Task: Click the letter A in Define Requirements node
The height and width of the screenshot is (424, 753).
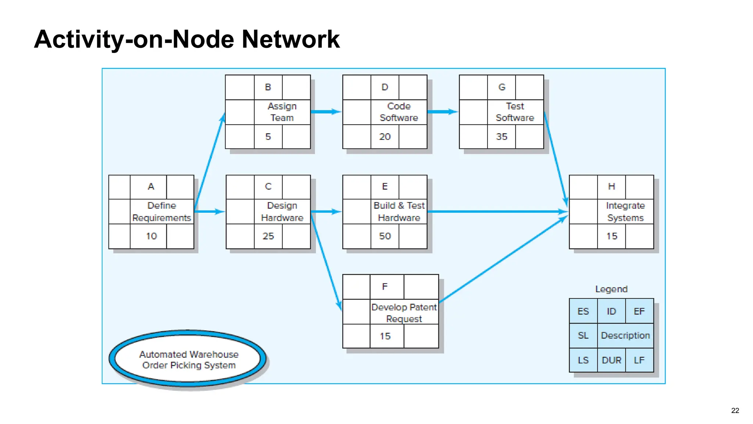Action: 151,187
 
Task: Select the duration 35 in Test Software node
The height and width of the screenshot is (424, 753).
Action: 502,137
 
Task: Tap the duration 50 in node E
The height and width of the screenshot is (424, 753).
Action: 385,236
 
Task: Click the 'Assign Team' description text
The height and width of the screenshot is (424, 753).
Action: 282,112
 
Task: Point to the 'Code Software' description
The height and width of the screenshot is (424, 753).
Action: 399,112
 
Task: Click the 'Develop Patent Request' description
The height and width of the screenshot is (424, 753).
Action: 404,312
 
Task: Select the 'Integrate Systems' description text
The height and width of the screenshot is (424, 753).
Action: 625,212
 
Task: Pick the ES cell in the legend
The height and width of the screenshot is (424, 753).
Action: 583,311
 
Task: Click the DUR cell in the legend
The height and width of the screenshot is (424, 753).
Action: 611,360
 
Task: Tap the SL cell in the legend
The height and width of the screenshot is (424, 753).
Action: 583,335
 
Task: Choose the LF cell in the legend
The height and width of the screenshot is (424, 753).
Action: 639,360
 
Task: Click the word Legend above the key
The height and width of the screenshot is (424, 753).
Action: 611,289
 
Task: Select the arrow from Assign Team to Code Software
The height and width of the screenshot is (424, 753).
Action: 326,112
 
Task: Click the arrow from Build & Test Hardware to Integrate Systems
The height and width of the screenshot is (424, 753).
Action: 496,212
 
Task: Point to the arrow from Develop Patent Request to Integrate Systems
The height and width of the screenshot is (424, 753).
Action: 504,259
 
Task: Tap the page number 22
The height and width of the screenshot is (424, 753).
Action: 735,410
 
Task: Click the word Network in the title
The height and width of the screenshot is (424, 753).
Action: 290,39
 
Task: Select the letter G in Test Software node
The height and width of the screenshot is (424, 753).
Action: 502,87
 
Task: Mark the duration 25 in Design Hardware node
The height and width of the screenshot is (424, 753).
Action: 268,236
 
